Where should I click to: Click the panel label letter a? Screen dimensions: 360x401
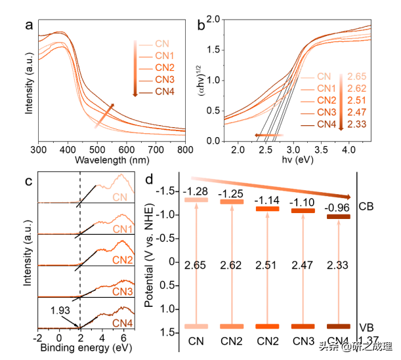[29, 26]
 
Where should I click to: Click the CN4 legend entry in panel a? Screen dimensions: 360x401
[164, 90]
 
